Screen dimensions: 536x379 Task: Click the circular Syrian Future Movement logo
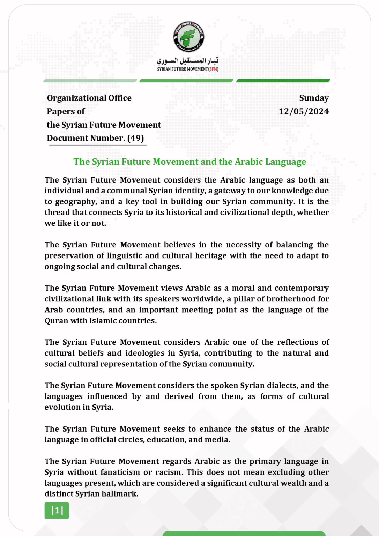(x=189, y=37)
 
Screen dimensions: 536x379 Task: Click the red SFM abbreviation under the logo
(x=213, y=69)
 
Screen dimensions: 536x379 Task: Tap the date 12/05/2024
(x=304, y=111)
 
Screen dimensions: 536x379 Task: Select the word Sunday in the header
(x=314, y=98)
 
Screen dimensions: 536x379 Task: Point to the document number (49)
(x=135, y=138)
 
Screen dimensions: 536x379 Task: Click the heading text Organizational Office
(x=89, y=98)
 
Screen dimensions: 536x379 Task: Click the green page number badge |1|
(x=57, y=511)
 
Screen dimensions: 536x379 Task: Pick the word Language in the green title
(x=285, y=162)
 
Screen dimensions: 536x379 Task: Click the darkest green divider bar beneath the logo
(x=283, y=81)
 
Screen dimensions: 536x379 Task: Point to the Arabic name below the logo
(x=188, y=61)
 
